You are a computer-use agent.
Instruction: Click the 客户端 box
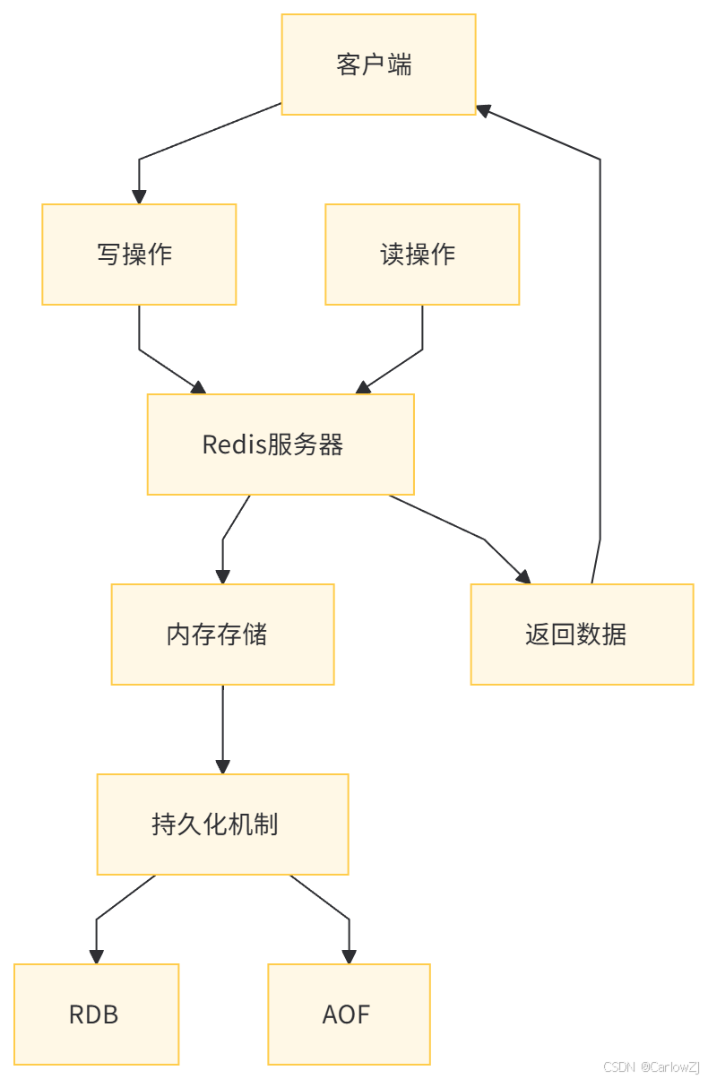pos(378,65)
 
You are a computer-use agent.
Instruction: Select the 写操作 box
pos(139,255)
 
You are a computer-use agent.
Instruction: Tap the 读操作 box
pos(422,255)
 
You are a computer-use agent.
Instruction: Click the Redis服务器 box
pos(281,445)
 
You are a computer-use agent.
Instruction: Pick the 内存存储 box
pos(222,634)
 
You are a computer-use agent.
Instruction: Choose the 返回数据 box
pos(582,634)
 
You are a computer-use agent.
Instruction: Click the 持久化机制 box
pos(222,824)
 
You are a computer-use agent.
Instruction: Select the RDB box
pos(97,1014)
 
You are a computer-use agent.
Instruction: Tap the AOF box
pos(349,1014)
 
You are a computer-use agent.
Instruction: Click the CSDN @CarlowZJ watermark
pos(651,1066)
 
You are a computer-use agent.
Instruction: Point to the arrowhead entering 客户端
pos(484,109)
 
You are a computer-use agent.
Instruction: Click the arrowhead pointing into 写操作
pos(139,196)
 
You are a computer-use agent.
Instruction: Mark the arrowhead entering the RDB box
pos(97,956)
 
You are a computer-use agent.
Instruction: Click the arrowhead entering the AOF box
pos(349,956)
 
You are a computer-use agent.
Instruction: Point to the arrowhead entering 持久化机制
pos(222,766)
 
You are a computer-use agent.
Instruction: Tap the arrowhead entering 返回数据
pos(522,576)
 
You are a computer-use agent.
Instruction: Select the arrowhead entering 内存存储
pos(222,576)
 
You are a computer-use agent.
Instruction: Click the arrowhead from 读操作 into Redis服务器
pos(363,387)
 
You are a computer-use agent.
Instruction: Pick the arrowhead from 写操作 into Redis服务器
pos(198,387)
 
